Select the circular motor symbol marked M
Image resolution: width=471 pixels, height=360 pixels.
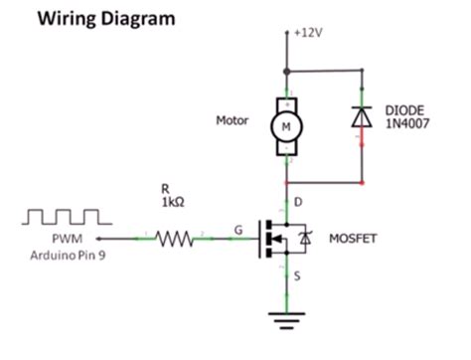[x=286, y=126]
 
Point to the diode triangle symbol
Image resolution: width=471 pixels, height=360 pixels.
[x=360, y=115]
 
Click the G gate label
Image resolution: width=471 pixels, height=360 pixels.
[x=238, y=230]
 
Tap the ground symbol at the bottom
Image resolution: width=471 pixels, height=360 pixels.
[x=286, y=319]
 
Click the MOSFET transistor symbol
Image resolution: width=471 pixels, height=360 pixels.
[x=283, y=239]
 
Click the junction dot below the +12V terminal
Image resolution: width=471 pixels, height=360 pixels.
[x=286, y=71]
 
